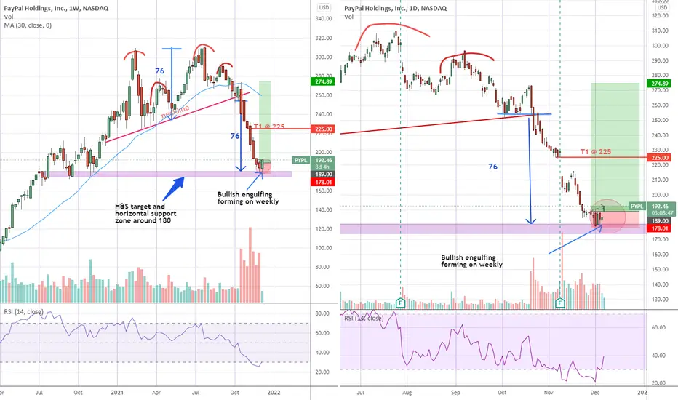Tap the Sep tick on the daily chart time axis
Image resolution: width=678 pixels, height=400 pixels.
[x=455, y=393]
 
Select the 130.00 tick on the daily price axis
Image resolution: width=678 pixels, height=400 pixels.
[x=659, y=300]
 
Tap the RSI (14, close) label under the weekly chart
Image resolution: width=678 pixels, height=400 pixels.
[x=23, y=312]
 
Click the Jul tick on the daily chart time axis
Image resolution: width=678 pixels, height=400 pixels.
[x=361, y=393]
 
